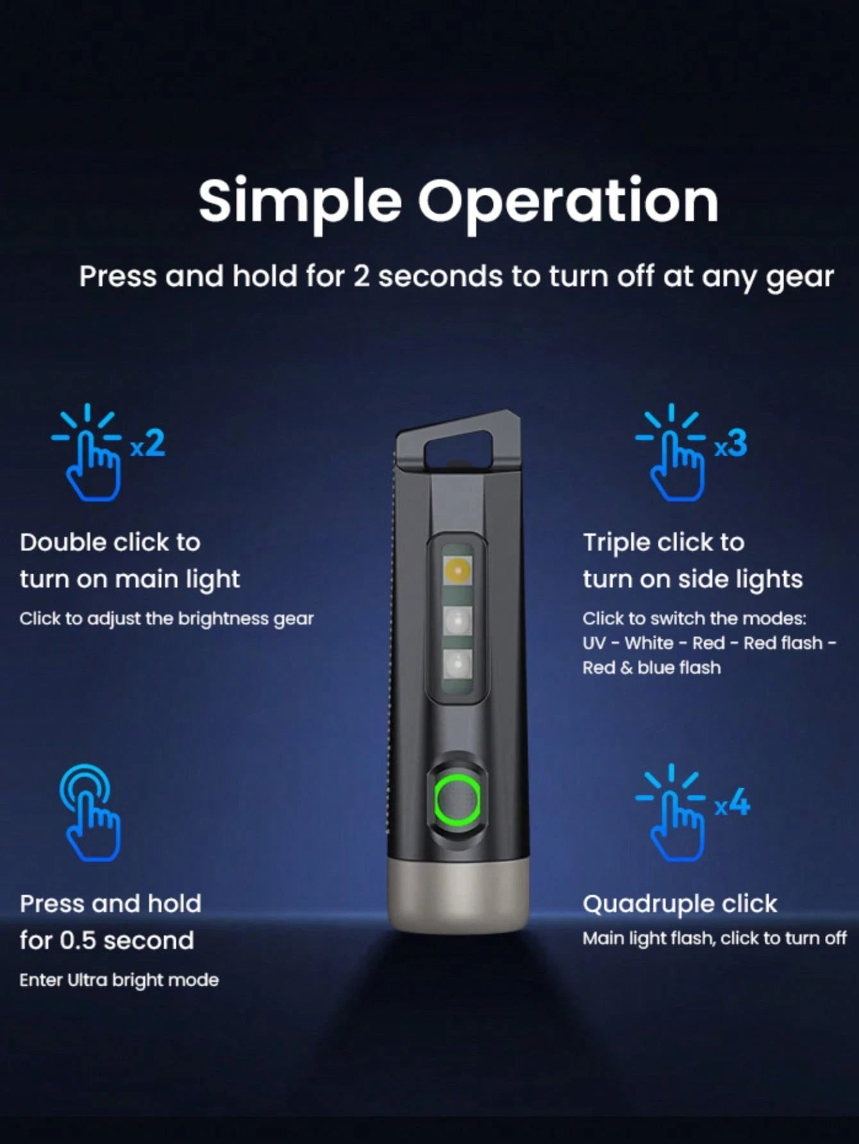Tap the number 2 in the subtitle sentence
click(x=362, y=277)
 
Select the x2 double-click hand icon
click(x=108, y=452)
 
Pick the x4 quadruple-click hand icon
click(x=692, y=813)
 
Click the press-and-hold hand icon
click(x=90, y=813)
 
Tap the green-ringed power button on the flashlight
click(x=457, y=800)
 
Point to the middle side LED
click(x=458, y=621)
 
